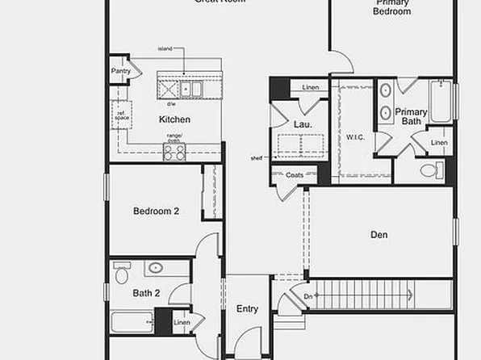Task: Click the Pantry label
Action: click(121, 71)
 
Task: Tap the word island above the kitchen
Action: click(165, 48)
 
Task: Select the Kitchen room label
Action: click(174, 119)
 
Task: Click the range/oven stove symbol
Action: click(174, 151)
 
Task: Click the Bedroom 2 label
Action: click(156, 211)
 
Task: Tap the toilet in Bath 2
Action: click(122, 275)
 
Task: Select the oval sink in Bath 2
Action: click(155, 268)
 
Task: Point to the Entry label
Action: click(247, 309)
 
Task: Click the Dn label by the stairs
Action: click(295, 297)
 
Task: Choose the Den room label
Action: click(379, 235)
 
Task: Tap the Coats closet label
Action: click(295, 174)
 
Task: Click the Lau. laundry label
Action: click(303, 125)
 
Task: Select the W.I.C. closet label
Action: click(356, 137)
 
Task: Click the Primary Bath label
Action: click(411, 117)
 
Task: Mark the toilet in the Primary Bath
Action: click(432, 170)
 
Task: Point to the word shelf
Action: click(257, 158)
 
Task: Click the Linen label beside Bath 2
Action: click(182, 324)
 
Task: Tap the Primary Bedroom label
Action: click(391, 7)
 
